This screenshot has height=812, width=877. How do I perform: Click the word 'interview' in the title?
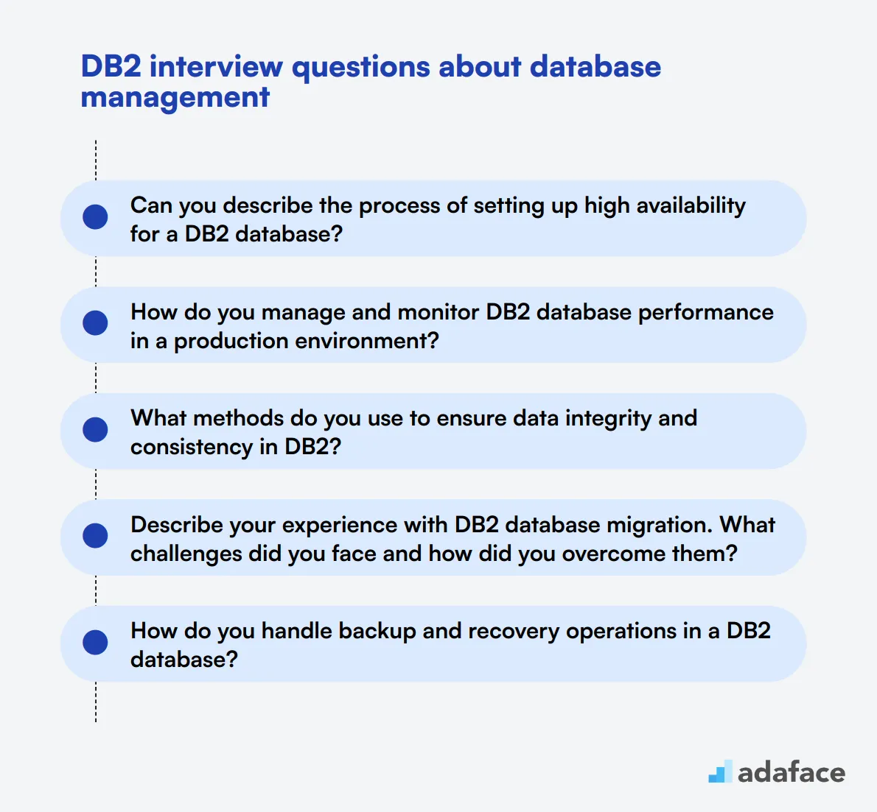pos(216,67)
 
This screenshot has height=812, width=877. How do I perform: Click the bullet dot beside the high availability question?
pos(96,217)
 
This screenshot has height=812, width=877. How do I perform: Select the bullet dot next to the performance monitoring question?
pos(96,323)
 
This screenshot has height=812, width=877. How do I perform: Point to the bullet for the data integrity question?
pos(96,430)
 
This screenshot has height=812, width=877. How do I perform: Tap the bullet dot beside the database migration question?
pos(96,536)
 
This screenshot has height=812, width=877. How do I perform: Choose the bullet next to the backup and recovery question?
pos(96,643)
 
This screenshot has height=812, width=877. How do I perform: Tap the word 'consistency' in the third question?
pos(192,447)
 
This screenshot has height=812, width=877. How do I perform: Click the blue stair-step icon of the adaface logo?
pos(720,772)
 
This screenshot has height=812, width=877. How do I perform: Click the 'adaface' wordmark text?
pos(792,772)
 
